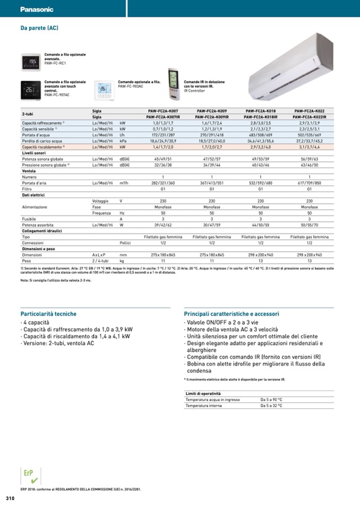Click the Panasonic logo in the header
pyautogui.click(x=37, y=10)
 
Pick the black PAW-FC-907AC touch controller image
pyautogui.click(x=31, y=90)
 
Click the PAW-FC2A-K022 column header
pyautogui.click(x=310, y=111)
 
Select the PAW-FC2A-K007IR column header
pyautogui.click(x=163, y=117)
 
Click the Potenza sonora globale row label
pyautogui.click(x=42, y=159)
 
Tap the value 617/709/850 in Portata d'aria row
pyautogui.click(x=310, y=183)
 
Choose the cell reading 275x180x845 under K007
pyautogui.click(x=163, y=255)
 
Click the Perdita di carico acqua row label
pyautogui.click(x=42, y=141)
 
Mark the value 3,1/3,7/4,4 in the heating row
pyautogui.click(x=310, y=146)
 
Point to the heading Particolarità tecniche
pyautogui.click(x=48, y=314)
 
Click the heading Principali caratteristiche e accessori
pyautogui.click(x=231, y=314)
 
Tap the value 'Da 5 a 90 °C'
pyautogui.click(x=271, y=399)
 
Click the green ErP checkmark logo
pyautogui.click(x=29, y=476)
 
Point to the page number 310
pyautogui.click(x=10, y=498)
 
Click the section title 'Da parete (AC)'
pyautogui.click(x=39, y=27)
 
